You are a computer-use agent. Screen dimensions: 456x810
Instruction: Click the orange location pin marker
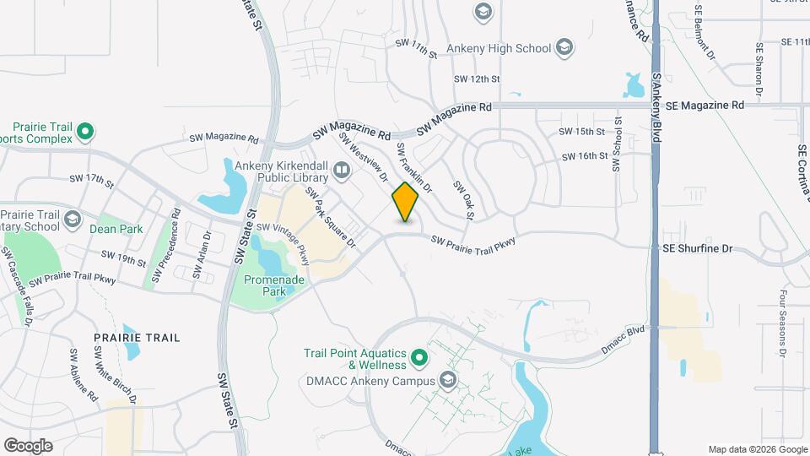click(406, 201)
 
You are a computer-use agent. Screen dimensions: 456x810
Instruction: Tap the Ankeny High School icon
click(565, 48)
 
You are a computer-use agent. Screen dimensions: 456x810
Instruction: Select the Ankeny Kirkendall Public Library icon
click(342, 171)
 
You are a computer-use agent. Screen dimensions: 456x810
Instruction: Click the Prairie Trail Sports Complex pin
click(84, 132)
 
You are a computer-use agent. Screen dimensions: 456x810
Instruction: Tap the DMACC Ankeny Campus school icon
click(448, 381)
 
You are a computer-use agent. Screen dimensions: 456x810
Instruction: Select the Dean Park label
click(117, 229)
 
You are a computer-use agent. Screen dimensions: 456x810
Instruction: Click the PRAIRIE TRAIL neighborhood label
click(137, 338)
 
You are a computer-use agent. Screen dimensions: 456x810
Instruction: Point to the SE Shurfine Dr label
click(698, 249)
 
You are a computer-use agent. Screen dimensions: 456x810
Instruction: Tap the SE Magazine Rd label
click(705, 106)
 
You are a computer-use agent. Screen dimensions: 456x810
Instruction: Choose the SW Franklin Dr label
click(414, 166)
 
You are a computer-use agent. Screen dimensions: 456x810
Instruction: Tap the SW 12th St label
click(478, 79)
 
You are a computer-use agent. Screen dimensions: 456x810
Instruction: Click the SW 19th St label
click(123, 255)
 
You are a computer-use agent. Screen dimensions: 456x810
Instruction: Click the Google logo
click(28, 445)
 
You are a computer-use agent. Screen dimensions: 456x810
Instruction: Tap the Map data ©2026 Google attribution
click(757, 449)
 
